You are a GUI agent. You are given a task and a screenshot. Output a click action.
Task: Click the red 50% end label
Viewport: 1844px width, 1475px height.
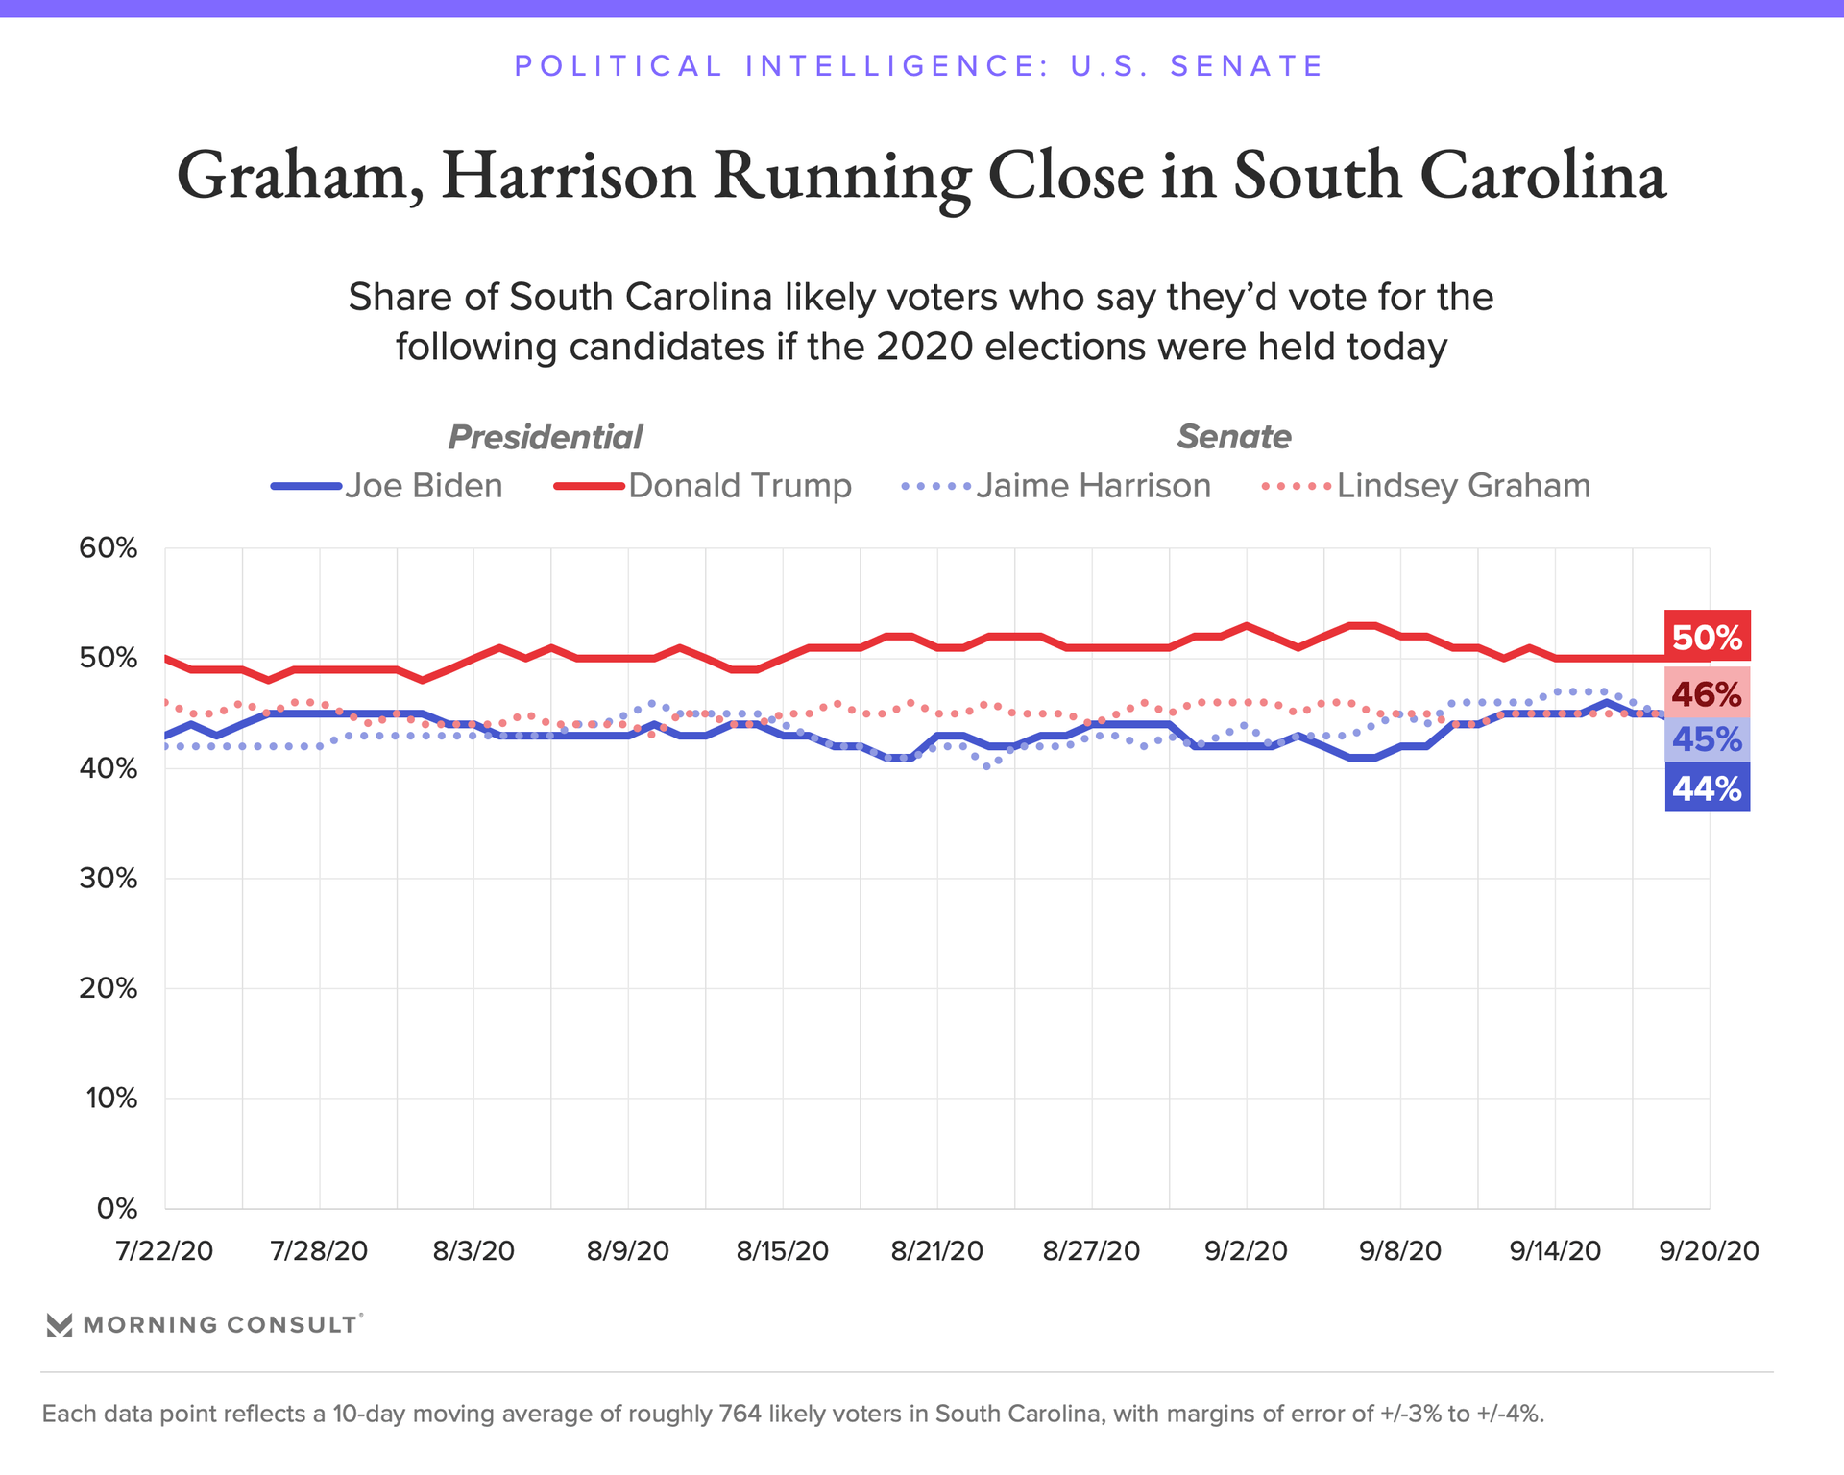pyautogui.click(x=1707, y=638)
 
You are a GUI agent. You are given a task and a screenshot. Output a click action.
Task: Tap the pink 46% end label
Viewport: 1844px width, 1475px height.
pyautogui.click(x=1707, y=693)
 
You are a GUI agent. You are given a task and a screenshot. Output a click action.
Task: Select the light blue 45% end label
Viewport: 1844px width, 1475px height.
pyautogui.click(x=1707, y=739)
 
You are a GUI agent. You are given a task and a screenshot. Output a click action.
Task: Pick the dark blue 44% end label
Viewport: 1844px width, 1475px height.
pyautogui.click(x=1707, y=788)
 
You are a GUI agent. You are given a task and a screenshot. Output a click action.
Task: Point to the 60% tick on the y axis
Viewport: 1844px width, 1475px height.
pyautogui.click(x=109, y=548)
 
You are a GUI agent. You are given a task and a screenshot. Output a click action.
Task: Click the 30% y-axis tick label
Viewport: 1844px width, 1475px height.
pyautogui.click(x=109, y=879)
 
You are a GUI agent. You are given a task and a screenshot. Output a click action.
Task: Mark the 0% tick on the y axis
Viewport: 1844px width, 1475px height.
pyautogui.click(x=117, y=1209)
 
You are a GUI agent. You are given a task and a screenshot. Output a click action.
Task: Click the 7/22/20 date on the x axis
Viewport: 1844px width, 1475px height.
pyautogui.click(x=164, y=1251)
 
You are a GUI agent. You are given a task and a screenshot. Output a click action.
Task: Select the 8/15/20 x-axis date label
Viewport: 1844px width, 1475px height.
pyautogui.click(x=782, y=1251)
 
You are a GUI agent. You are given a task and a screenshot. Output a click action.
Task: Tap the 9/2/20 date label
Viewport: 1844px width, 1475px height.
pyautogui.click(x=1246, y=1251)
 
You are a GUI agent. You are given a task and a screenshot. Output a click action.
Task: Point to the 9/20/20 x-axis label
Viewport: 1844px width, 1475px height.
pyautogui.click(x=1710, y=1251)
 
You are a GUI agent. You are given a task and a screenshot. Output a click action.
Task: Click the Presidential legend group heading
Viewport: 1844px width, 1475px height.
pyautogui.click(x=545, y=438)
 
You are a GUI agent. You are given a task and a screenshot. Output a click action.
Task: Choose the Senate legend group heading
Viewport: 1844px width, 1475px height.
pyautogui.click(x=1234, y=437)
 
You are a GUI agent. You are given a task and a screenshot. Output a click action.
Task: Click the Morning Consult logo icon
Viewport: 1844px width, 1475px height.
pyautogui.click(x=60, y=1325)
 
